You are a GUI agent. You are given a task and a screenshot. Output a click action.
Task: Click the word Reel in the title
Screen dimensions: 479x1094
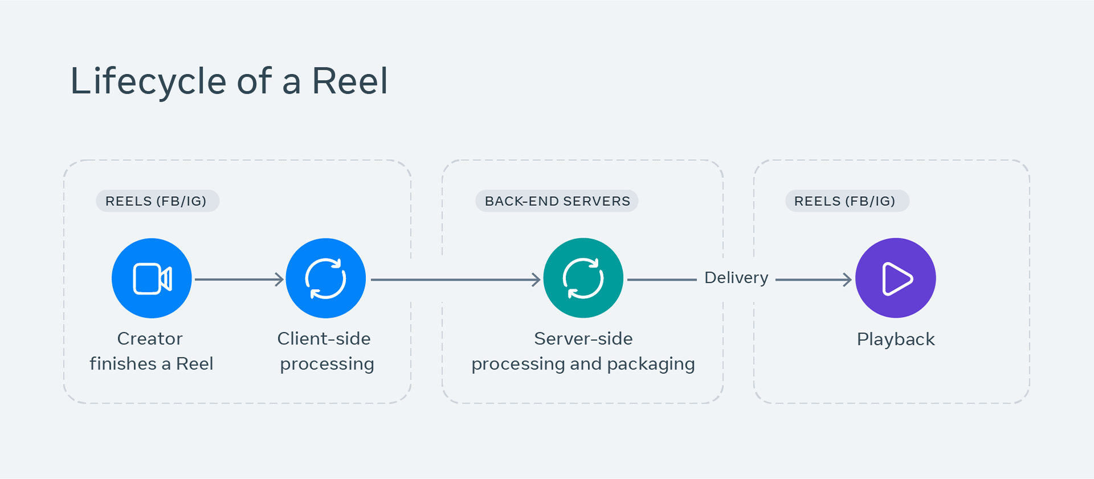[349, 81]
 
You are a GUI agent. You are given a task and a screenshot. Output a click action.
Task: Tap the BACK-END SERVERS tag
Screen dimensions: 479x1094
[557, 201]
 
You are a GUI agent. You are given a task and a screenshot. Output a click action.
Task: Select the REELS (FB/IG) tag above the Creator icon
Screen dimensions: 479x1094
[157, 201]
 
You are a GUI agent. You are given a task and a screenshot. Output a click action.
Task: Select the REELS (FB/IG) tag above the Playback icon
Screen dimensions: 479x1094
[847, 201]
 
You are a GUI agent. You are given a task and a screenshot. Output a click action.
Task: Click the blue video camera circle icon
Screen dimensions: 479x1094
[152, 278]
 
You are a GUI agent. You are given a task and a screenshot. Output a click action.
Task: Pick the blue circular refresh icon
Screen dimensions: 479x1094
[325, 278]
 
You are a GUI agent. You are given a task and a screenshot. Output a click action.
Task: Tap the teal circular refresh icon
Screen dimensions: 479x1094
[583, 278]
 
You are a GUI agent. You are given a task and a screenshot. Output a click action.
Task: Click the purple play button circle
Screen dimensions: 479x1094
[895, 278]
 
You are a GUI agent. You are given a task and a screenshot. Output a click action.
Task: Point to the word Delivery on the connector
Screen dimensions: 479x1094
[736, 278]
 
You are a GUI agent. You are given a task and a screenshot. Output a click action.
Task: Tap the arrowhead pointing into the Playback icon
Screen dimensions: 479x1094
[847, 279]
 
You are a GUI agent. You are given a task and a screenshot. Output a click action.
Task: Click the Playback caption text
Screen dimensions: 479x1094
[895, 339]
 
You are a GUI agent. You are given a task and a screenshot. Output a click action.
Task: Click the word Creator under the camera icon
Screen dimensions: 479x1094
[150, 339]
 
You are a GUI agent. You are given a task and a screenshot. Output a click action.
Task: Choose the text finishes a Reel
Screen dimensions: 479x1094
[152, 364]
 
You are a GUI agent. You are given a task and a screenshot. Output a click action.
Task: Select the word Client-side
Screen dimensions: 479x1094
[324, 339]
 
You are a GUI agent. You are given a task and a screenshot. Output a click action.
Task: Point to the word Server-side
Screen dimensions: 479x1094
[583, 339]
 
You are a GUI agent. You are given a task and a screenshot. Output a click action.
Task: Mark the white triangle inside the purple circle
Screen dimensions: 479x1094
[896, 279]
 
